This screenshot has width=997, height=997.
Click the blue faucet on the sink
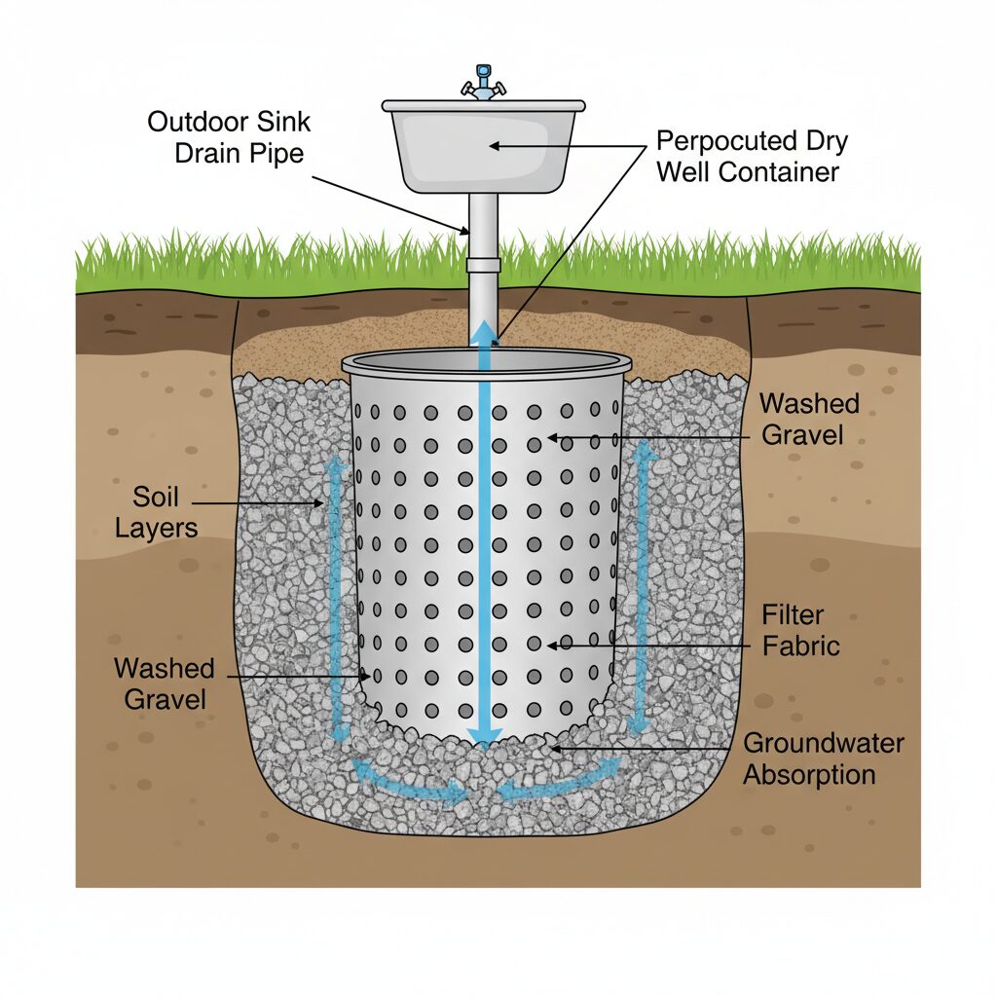click(483, 83)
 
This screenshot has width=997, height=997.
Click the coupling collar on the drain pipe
click(483, 264)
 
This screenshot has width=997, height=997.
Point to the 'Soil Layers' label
click(156, 513)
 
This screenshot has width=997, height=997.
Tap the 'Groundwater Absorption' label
click(824, 758)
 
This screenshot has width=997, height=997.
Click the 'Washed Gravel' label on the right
click(809, 418)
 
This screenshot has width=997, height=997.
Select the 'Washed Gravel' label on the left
click(164, 683)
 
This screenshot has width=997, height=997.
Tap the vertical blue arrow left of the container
click(337, 594)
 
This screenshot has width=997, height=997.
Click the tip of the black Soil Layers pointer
click(325, 503)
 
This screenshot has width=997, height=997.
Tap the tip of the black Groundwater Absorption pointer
click(551, 748)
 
